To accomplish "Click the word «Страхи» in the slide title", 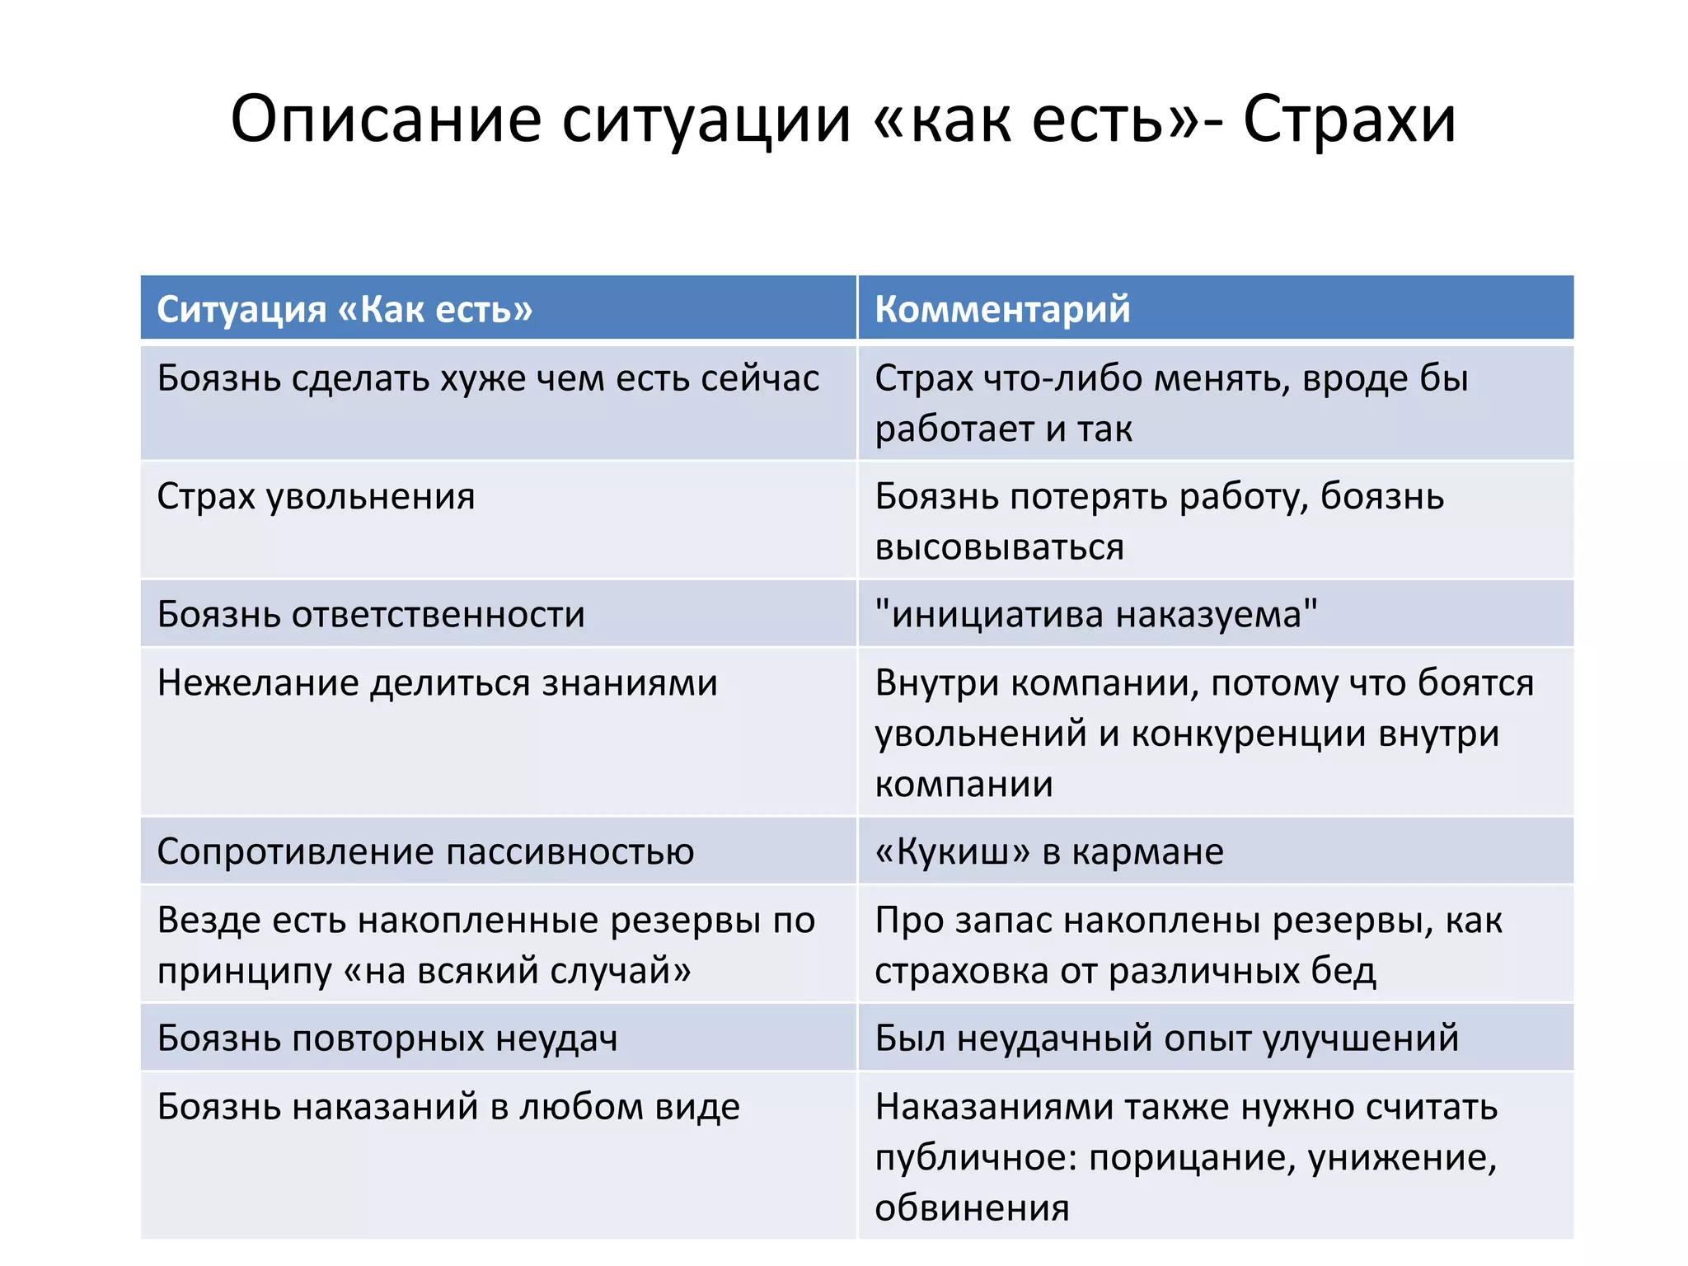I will (x=1349, y=120).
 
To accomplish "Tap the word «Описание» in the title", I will (x=386, y=120).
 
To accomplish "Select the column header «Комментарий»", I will (x=1002, y=309).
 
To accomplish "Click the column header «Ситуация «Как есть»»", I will (x=345, y=309).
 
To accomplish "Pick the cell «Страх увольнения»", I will (x=316, y=497).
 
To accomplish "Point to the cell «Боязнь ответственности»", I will (x=371, y=615).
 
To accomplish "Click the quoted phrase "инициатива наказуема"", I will (x=1096, y=615).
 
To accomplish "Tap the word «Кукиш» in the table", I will (x=952, y=851).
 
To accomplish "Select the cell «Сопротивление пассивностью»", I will (x=425, y=851).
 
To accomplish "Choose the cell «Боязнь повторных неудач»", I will (x=387, y=1038).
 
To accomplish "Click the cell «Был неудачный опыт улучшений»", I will (x=1166, y=1038).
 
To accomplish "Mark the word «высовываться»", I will (x=999, y=547).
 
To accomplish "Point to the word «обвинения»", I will (x=972, y=1208).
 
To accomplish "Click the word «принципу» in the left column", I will (x=244, y=971).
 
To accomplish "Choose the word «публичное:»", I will (x=976, y=1158).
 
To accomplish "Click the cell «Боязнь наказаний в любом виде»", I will (x=448, y=1107).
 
